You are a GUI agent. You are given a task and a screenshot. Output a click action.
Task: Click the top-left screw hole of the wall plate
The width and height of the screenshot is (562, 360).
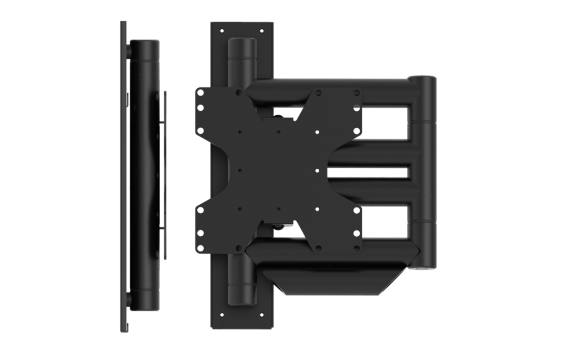[222, 31]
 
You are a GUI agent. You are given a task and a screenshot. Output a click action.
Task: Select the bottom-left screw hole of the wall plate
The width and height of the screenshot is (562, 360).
[222, 316]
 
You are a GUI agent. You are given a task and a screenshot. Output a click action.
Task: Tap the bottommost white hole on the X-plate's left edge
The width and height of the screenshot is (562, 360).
[200, 250]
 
